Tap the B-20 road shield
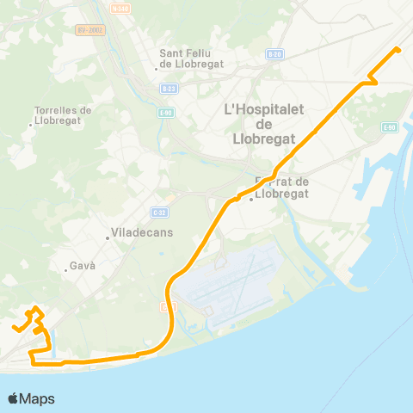tap(274, 53)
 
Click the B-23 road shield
tap(169, 88)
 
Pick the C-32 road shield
tap(158, 212)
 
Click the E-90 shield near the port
tap(389, 127)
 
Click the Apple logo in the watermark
tap(13, 398)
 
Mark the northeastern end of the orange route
tap(398, 49)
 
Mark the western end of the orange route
tap(15, 328)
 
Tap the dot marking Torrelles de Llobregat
tap(31, 126)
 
